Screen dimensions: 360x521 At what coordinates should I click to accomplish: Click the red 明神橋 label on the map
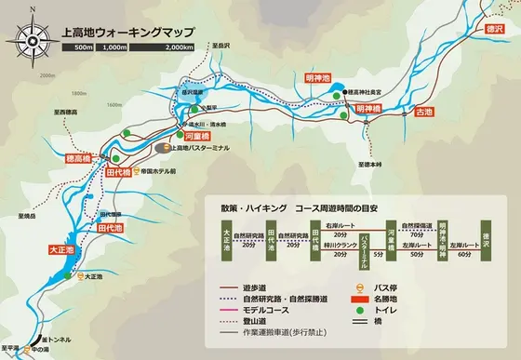[x=368, y=109]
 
